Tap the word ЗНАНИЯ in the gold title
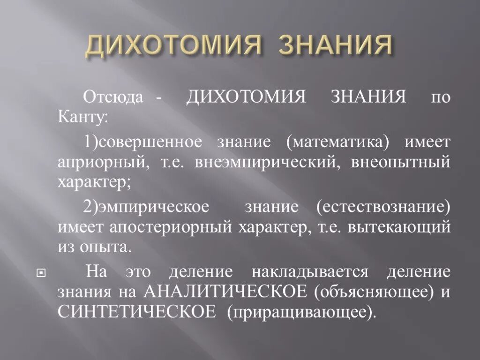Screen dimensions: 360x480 (335, 46)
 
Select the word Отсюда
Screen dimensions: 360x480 (113, 98)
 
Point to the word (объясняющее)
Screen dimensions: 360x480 (373, 292)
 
